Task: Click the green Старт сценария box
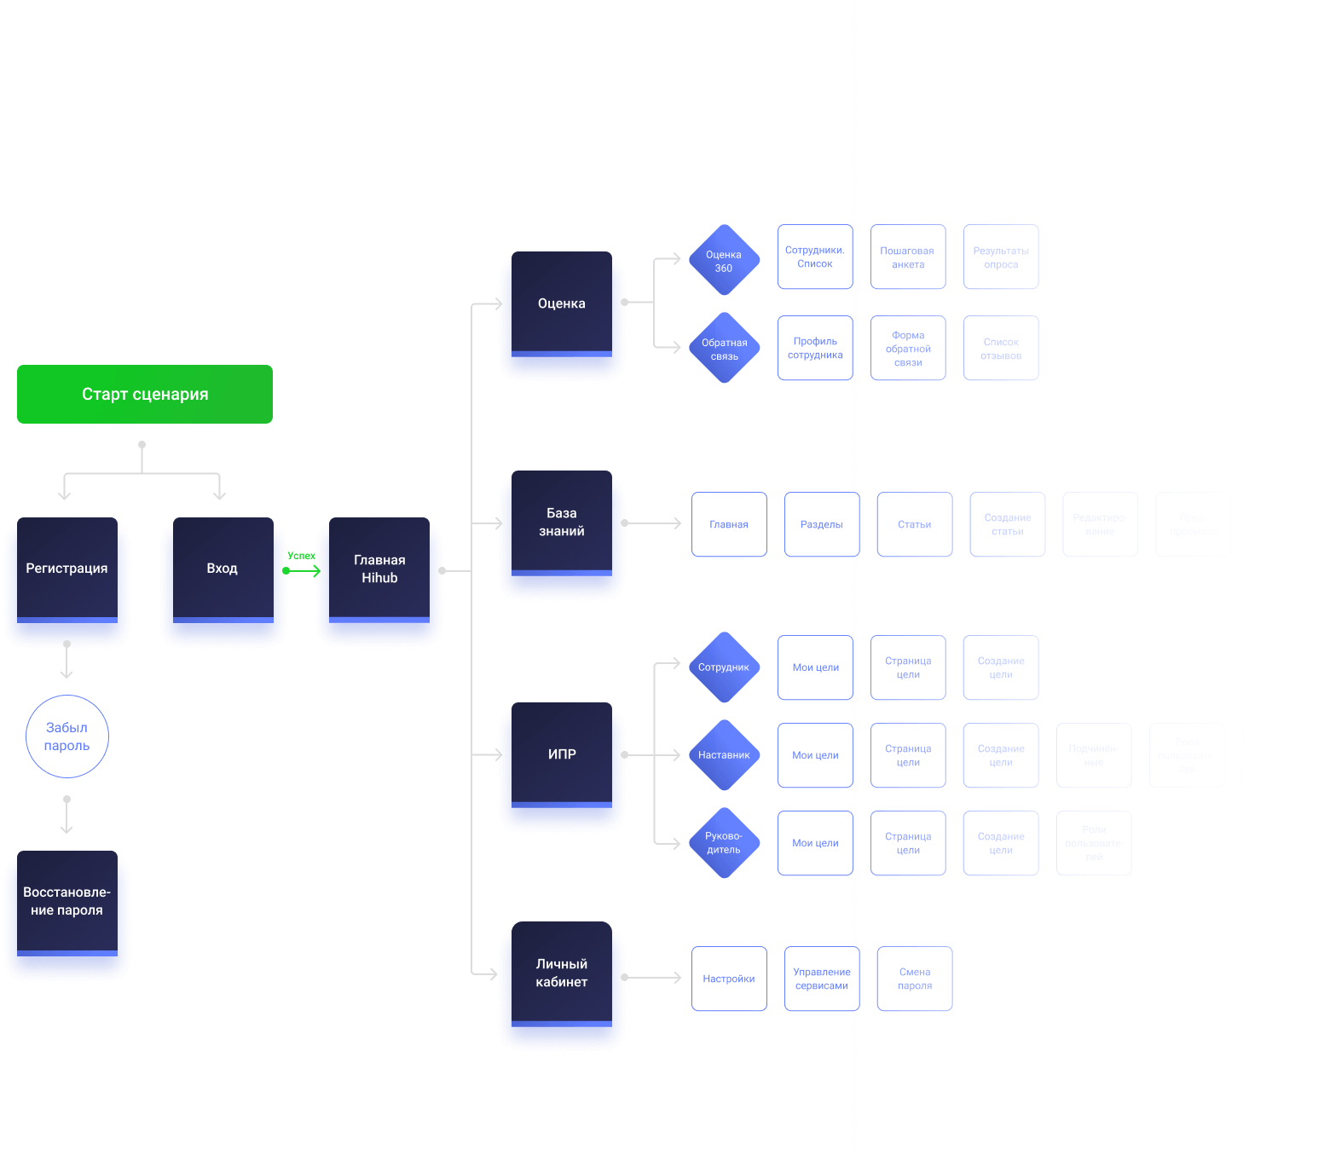pos(145,394)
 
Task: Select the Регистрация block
pos(67,569)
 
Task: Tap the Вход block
pos(223,569)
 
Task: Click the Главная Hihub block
pos(379,569)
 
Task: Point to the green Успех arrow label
pos(301,556)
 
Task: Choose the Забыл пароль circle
pos(67,736)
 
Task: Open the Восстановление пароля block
pos(67,901)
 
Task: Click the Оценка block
pos(562,303)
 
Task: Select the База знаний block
pos(562,523)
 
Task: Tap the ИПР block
pos(562,754)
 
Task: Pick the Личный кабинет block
pos(562,973)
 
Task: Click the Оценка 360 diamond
pos(724,261)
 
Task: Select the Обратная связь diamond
pos(724,349)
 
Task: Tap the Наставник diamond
pos(724,755)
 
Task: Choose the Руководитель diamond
pos(724,843)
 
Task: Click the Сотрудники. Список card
pos(815,257)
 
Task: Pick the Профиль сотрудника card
pos(815,348)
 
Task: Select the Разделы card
pos(822,524)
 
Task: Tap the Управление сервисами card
pos(822,979)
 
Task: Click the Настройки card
pos(729,979)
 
